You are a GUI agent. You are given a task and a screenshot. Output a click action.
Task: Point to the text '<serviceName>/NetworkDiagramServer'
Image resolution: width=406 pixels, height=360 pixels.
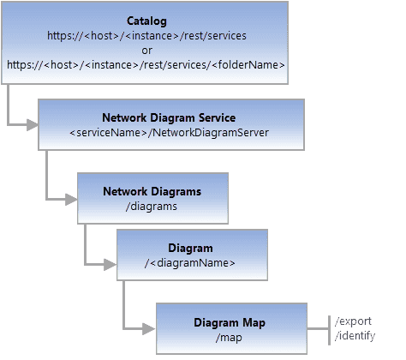tap(170, 133)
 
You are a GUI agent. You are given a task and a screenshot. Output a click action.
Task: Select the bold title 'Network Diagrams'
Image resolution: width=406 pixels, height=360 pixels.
tap(152, 191)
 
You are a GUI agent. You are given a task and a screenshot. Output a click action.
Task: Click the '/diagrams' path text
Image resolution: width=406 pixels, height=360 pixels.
tap(152, 207)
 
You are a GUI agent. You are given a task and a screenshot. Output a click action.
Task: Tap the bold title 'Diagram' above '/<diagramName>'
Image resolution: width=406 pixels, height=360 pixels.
tap(191, 248)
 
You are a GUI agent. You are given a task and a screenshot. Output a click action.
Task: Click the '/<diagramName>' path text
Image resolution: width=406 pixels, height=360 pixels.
tap(191, 263)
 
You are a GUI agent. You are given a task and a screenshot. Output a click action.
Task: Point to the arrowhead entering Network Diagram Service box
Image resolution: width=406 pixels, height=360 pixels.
tap(33, 125)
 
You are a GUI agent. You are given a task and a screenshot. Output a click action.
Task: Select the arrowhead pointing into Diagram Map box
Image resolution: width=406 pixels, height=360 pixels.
tap(150, 329)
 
